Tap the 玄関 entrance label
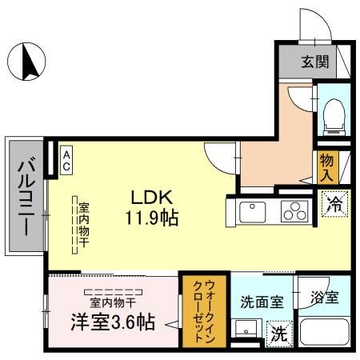click(x=314, y=61)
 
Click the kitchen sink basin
click(x=253, y=211)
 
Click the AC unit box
click(x=66, y=158)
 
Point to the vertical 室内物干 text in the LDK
click(x=82, y=225)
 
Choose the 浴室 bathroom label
click(x=325, y=298)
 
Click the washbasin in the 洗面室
click(x=246, y=330)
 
